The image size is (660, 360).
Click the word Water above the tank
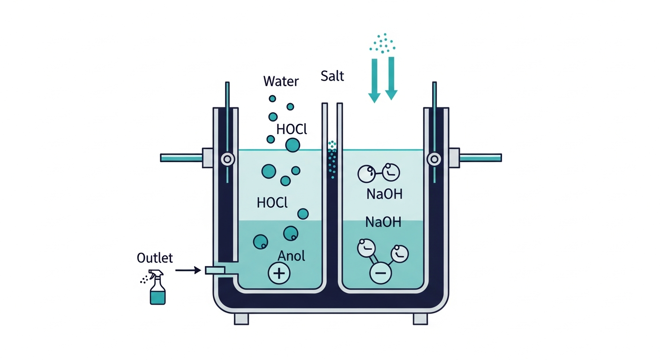click(281, 81)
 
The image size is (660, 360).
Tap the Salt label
click(332, 76)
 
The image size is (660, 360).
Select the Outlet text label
click(155, 258)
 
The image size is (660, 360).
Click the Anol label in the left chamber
click(291, 256)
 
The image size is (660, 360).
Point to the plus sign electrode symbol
click(279, 273)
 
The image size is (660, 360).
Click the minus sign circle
click(380, 273)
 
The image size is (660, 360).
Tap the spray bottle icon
click(155, 287)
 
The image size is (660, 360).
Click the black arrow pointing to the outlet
click(188, 270)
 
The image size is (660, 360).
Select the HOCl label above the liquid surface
click(292, 129)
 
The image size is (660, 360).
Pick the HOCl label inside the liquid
click(272, 202)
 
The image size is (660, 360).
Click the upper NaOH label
click(384, 194)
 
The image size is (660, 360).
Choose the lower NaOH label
click(383, 222)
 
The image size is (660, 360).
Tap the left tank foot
click(241, 319)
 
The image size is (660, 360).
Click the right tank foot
click(420, 319)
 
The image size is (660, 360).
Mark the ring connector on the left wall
click(227, 159)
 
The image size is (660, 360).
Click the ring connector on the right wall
click(434, 159)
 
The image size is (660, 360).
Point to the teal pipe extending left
click(181, 158)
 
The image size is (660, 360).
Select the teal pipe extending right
click(480, 158)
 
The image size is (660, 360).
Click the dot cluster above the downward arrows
click(382, 43)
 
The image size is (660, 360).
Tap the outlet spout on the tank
click(215, 270)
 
